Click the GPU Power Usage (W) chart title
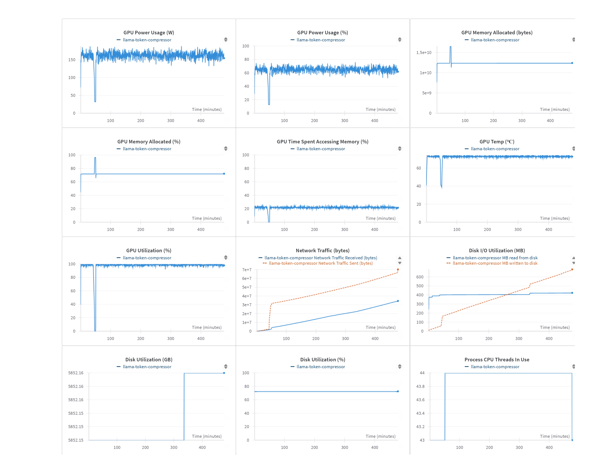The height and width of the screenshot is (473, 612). [149, 32]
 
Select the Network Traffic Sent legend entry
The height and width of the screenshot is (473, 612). [321, 263]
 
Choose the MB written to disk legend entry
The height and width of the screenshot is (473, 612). [495, 263]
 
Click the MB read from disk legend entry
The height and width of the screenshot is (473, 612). [495, 258]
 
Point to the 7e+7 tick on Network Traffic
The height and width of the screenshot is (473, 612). [247, 270]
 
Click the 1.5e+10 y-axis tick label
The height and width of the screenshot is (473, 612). [424, 52]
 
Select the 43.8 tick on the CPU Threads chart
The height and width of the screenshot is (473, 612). [420, 386]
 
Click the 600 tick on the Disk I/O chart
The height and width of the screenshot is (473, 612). [420, 277]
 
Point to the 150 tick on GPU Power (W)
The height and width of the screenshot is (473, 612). [72, 60]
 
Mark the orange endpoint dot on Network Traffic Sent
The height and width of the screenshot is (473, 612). [398, 270]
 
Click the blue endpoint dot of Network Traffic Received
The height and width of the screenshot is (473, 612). [398, 301]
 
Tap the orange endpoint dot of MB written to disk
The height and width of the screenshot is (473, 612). [572, 270]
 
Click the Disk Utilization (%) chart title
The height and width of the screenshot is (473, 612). [323, 359]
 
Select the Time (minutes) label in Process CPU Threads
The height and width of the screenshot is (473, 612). [555, 436]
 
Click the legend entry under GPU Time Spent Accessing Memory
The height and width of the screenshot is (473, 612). [321, 149]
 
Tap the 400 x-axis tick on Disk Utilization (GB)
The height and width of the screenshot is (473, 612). [202, 448]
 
